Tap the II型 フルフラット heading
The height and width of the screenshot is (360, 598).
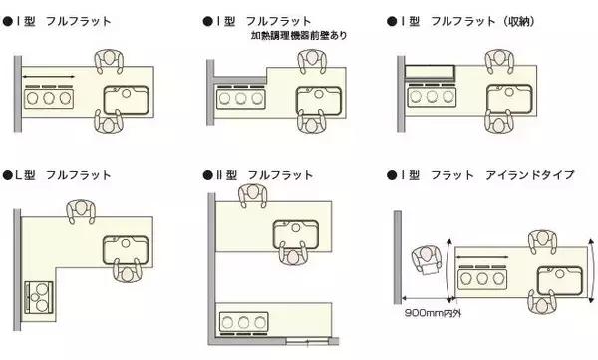[255, 173]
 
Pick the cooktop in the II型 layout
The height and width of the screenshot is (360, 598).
[243, 321]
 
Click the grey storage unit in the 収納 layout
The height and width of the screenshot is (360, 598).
[430, 72]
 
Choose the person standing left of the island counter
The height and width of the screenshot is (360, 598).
[428, 264]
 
